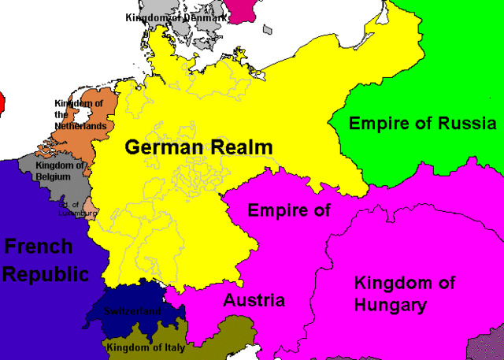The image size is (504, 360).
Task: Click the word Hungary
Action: tap(391, 305)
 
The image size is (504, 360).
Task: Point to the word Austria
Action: tap(254, 300)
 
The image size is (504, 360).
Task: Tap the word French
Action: tap(39, 247)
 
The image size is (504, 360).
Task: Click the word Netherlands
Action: tap(80, 126)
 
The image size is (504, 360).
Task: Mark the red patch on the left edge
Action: tap(2, 101)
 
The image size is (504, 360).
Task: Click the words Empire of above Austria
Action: tap(288, 210)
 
